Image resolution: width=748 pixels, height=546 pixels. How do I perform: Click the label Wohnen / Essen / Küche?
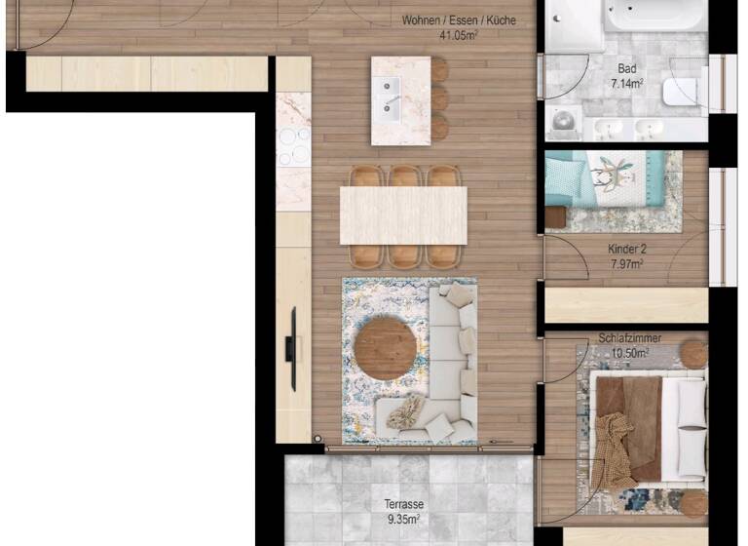click(459, 20)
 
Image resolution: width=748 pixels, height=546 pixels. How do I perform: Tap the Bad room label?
click(627, 69)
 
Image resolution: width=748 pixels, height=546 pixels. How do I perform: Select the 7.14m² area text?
click(627, 84)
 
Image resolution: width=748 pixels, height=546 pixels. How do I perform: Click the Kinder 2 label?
click(626, 249)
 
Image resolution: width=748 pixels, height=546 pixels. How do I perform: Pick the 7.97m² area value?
click(626, 263)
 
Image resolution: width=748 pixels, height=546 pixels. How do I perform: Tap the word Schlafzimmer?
click(630, 338)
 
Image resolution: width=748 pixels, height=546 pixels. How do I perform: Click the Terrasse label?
click(403, 504)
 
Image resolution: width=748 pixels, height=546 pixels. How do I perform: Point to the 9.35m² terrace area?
click(403, 519)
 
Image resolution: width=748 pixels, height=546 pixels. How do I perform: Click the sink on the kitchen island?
click(393, 97)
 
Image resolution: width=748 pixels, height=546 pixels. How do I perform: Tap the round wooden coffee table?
click(388, 348)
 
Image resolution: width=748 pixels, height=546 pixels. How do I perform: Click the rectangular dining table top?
click(403, 214)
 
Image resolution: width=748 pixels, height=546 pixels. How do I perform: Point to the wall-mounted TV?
click(290, 348)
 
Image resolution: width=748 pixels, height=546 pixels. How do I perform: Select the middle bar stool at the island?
click(439, 98)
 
